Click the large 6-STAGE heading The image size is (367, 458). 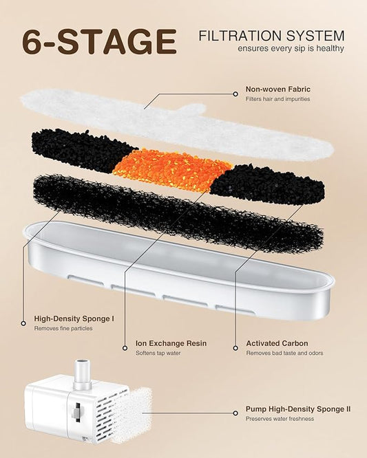[99, 41]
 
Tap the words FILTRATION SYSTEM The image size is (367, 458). [272, 36]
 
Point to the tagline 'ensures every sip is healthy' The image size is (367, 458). [291, 48]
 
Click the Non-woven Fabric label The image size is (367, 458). [277, 89]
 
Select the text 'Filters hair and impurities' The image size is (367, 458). [277, 99]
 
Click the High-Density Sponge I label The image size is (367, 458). [74, 318]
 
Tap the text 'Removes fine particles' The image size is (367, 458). [63, 328]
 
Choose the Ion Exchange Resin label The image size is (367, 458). [171, 343]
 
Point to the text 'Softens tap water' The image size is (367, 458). [158, 353]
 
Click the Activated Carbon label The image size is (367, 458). [277, 343]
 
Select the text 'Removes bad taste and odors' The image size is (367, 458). [284, 353]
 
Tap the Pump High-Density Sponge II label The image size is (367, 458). [298, 409]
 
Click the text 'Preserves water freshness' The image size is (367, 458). [280, 419]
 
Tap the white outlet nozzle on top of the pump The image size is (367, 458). [82, 375]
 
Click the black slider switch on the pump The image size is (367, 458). [77, 413]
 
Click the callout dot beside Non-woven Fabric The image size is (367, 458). [235, 94]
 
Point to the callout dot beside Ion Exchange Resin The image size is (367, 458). [125, 348]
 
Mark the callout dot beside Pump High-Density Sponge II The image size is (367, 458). [235, 413]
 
